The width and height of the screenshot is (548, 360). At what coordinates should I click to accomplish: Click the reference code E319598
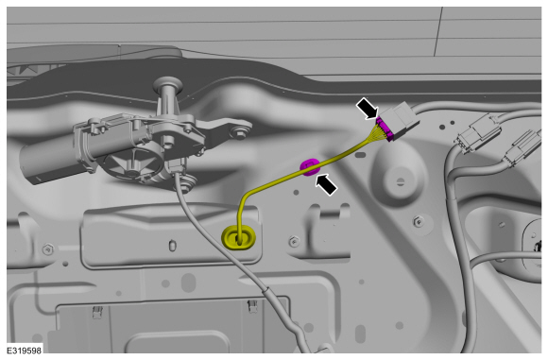tap(25, 351)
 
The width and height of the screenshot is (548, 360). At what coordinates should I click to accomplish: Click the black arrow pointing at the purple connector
tap(367, 108)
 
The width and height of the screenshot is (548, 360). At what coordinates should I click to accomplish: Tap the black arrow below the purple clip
tap(326, 184)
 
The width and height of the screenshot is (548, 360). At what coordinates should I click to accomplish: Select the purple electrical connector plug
tap(385, 129)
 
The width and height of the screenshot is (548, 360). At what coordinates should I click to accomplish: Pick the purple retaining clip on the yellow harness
tap(310, 166)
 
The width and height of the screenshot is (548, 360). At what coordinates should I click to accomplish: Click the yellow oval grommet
tap(238, 238)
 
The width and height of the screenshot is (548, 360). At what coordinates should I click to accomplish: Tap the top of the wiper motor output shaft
tap(168, 84)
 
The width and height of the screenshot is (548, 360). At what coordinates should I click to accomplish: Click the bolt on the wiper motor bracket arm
tap(240, 132)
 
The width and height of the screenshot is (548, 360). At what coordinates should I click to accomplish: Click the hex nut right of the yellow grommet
tap(294, 241)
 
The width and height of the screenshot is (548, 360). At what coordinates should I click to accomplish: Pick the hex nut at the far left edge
tap(48, 249)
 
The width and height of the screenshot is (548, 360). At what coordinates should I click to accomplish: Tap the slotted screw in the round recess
tap(401, 181)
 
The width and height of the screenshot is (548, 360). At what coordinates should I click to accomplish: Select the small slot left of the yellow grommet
tap(172, 246)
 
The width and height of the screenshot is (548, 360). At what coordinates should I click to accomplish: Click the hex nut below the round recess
tap(418, 221)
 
